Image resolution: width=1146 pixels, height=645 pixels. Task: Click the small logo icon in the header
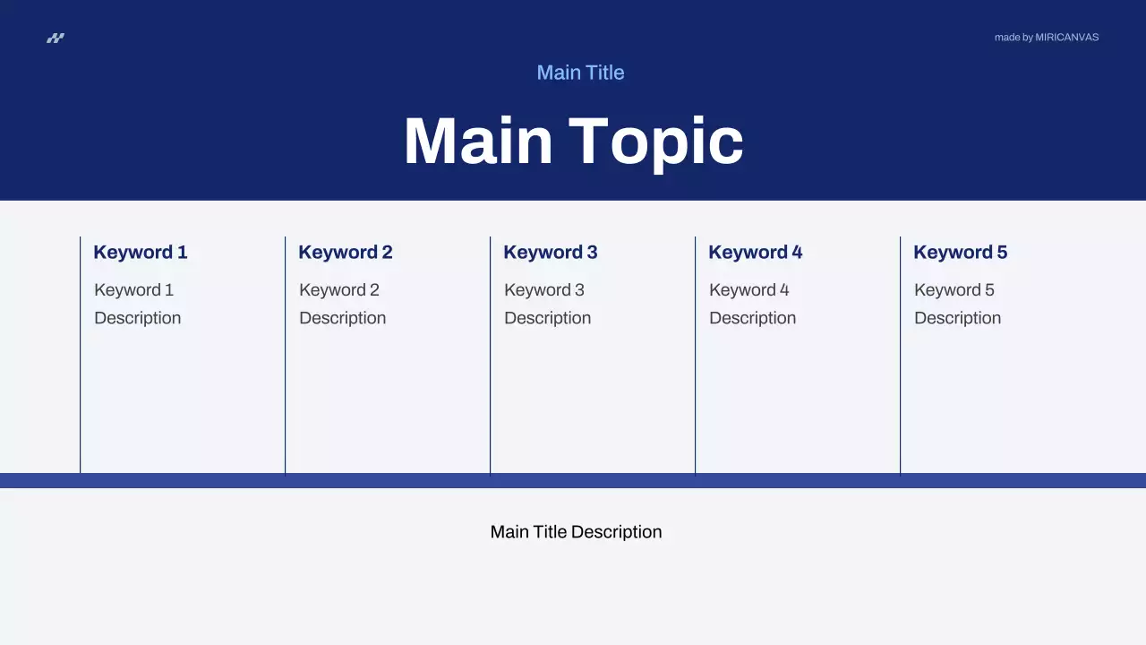(x=56, y=38)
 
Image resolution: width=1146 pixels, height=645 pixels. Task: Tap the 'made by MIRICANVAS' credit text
(x=1046, y=38)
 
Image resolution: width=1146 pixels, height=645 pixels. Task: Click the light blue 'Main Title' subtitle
(x=580, y=73)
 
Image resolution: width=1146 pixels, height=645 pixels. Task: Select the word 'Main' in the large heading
(x=478, y=142)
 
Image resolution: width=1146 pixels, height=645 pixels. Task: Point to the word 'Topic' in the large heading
(x=655, y=142)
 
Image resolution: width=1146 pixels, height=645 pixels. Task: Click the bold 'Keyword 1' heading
(x=141, y=253)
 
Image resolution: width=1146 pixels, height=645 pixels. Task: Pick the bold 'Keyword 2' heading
(x=346, y=253)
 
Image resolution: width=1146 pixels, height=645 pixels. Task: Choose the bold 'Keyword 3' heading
(x=551, y=253)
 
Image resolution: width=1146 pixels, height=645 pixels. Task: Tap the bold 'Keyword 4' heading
(x=756, y=253)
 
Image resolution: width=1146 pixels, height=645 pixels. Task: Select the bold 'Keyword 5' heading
(x=961, y=253)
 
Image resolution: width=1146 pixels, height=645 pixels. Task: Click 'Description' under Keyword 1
(x=138, y=318)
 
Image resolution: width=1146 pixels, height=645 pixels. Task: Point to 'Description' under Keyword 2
(x=343, y=318)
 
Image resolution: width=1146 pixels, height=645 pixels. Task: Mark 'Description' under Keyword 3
(x=548, y=318)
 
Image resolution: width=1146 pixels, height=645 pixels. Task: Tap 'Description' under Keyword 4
(x=753, y=318)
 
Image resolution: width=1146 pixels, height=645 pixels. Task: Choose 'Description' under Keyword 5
(x=958, y=318)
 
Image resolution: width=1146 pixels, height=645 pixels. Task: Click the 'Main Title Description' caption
(x=576, y=532)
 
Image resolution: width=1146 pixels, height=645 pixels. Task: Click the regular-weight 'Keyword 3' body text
(x=544, y=290)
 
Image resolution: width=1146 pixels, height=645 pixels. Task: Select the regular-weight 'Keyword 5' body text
(x=954, y=290)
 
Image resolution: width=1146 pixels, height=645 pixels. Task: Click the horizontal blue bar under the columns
(x=573, y=480)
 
